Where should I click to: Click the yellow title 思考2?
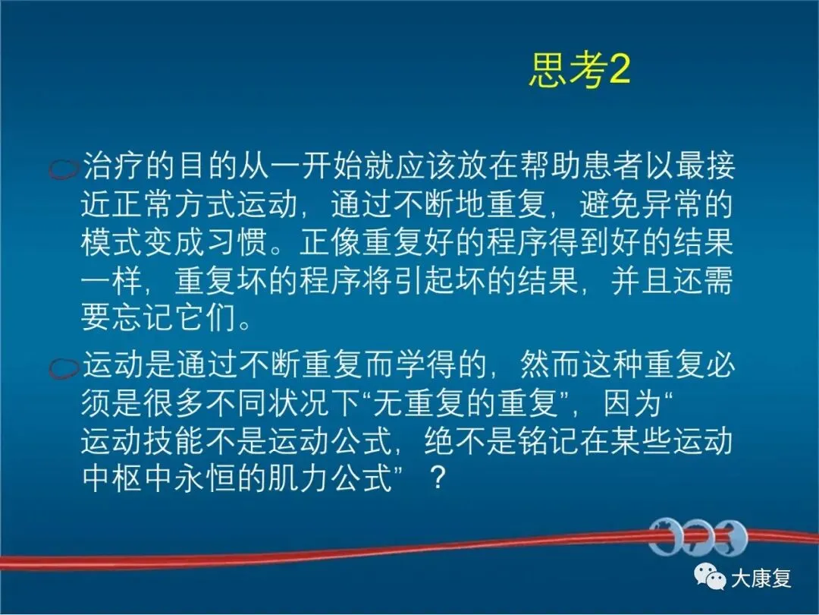pos(579,70)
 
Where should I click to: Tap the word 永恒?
pos(206,478)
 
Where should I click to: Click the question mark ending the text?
pos(437,478)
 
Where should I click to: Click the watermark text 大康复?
pos(761,579)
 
